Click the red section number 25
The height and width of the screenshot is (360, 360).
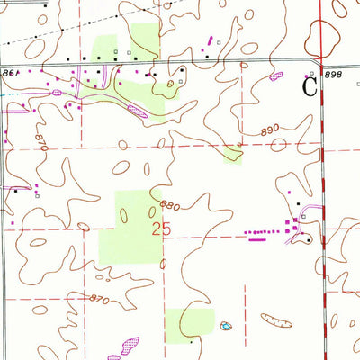point(162,229)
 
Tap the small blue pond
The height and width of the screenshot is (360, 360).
point(224,325)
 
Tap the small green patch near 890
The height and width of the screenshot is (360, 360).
point(233,155)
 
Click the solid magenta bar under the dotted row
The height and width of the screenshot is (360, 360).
point(259,239)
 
